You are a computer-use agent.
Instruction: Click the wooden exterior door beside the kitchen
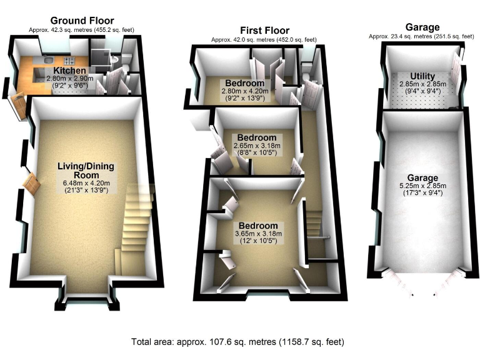click(x=18, y=104)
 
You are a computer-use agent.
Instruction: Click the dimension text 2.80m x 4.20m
click(x=244, y=91)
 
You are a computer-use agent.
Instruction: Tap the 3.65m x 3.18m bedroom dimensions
click(x=257, y=234)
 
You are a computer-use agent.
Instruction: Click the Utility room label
click(x=422, y=76)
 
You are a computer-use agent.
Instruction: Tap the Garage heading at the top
click(x=422, y=27)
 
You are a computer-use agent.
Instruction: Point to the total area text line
click(x=237, y=342)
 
